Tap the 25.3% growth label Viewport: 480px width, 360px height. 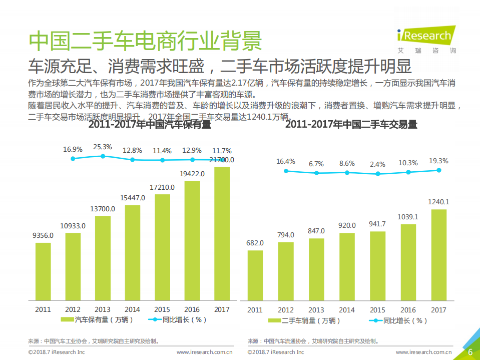103,147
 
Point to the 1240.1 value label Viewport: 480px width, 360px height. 438,202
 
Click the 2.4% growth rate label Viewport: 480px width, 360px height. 378,164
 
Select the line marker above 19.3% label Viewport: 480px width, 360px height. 439,170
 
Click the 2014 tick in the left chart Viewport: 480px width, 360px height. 132,309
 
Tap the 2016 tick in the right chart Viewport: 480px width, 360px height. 408,310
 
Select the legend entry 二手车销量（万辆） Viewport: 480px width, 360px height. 304,320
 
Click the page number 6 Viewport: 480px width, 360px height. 470,352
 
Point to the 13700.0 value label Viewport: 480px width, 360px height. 103,208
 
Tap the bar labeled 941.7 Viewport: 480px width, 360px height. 377,265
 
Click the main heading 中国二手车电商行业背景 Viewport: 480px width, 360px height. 145,41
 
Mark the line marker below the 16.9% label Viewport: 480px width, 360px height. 73,158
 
